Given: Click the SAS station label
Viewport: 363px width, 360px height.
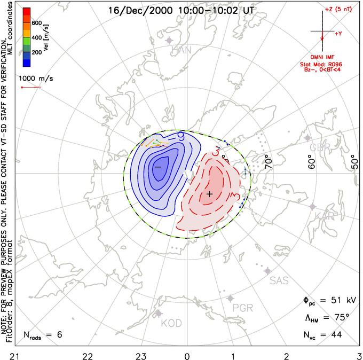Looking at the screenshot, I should pyautogui.click(x=281, y=280).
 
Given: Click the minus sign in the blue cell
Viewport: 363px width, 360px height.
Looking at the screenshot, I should pyautogui.click(x=158, y=167).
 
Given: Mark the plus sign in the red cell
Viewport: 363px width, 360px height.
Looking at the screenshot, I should pyautogui.click(x=210, y=194).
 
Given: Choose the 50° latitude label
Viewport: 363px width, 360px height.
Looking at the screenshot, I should pyautogui.click(x=354, y=159).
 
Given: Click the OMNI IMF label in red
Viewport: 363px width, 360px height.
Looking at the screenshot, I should pyautogui.click(x=325, y=57).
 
